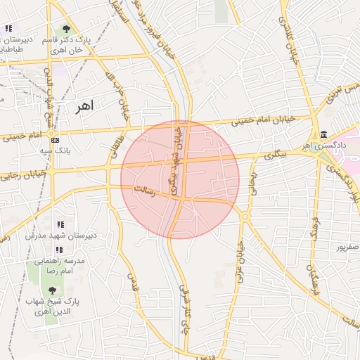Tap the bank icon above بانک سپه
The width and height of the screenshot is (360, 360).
click(x=55, y=139)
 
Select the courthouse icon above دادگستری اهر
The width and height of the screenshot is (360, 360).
click(x=323, y=134)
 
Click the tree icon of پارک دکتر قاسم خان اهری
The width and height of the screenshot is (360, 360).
click(x=66, y=30)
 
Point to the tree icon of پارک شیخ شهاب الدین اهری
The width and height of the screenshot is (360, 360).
click(x=51, y=290)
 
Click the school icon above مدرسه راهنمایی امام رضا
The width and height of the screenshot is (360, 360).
click(x=59, y=250)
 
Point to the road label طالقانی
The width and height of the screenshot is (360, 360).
click(x=112, y=145)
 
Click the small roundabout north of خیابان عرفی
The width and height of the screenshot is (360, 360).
click(x=245, y=217)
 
